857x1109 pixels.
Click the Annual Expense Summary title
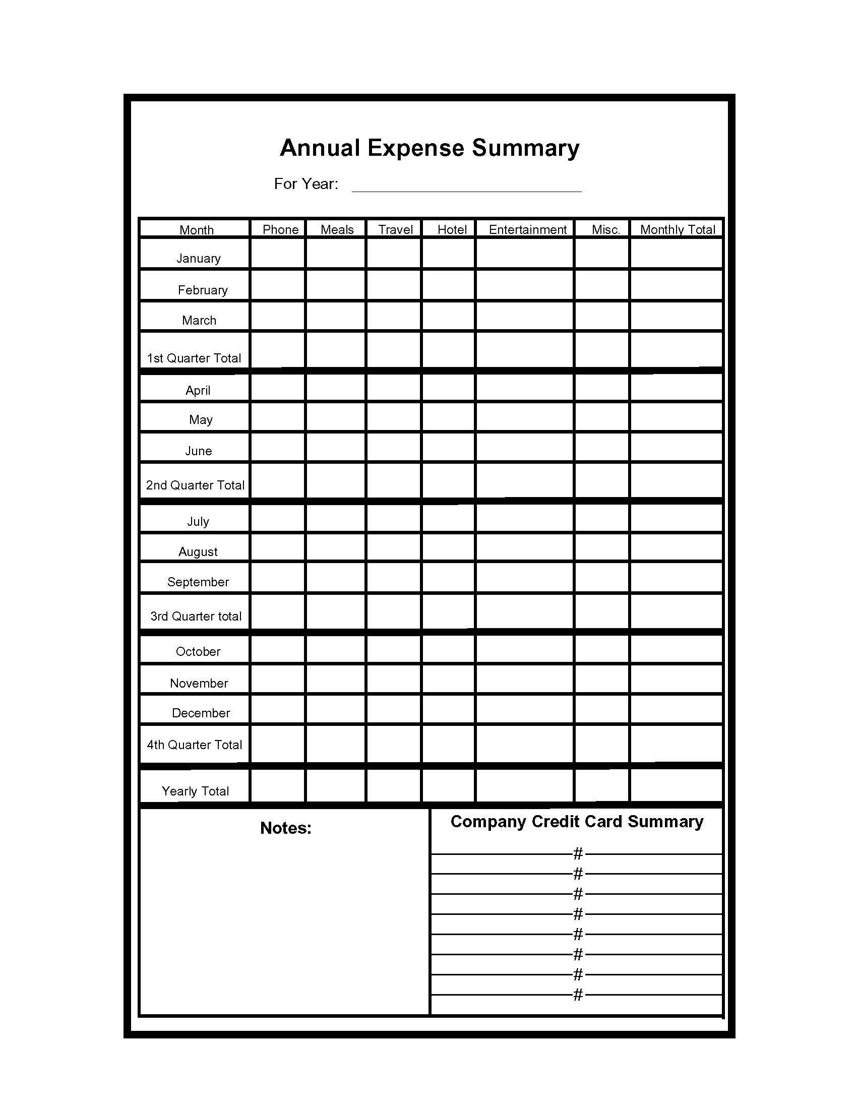pos(429,148)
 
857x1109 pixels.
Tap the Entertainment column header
pos(527,229)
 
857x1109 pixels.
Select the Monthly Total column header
pos(677,229)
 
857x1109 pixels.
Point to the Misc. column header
pos(605,229)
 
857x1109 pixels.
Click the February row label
pos(203,290)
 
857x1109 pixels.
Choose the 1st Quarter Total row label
pos(194,358)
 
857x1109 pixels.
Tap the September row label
pos(198,582)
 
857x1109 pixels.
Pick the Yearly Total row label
pos(196,791)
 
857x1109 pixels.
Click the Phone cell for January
pos(278,253)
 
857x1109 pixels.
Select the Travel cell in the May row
pos(393,416)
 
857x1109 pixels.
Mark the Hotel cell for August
pos(448,547)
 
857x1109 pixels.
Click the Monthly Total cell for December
pos(676,709)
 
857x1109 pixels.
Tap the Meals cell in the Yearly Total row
pos(335,786)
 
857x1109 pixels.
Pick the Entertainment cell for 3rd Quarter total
pos(524,611)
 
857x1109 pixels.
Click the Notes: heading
pos(286,828)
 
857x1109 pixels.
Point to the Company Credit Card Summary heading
pos(577,822)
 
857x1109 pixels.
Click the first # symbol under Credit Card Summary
pos(578,853)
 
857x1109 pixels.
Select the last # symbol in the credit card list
pos(578,995)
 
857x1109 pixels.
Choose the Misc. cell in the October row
pos(601,649)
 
